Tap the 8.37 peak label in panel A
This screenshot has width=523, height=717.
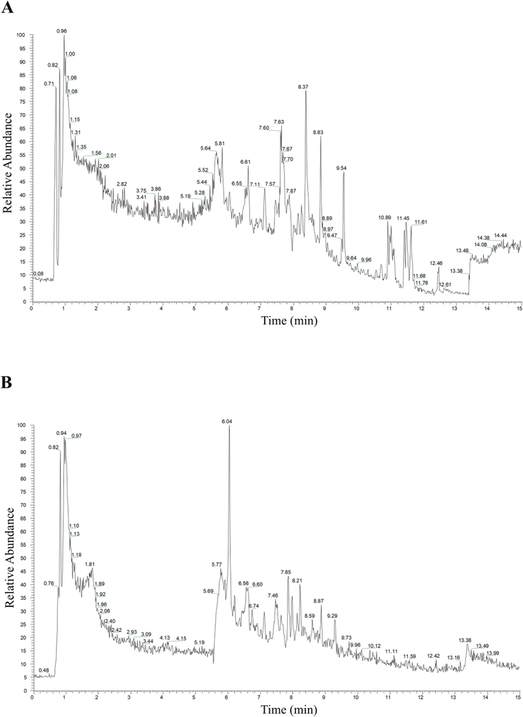(x=303, y=87)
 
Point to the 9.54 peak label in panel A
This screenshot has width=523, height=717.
(x=341, y=168)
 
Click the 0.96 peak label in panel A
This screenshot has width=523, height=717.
(x=62, y=31)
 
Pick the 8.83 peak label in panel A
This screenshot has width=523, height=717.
(x=318, y=132)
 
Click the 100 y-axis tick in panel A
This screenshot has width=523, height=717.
(x=21, y=35)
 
